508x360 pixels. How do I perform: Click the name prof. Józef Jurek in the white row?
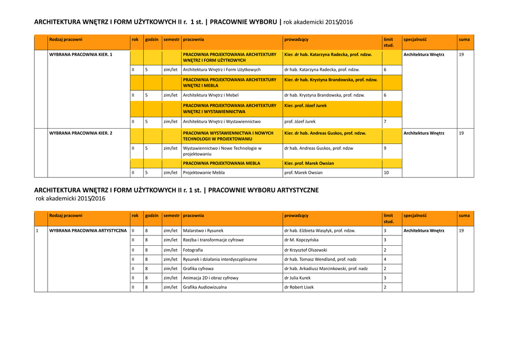pos(300,122)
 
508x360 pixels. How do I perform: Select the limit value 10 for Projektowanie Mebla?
pos(386,173)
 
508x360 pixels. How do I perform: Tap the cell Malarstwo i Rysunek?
pos(203,231)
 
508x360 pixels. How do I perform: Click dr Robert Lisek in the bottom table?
pos(299,287)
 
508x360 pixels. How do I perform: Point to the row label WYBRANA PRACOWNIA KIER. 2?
pos(81,133)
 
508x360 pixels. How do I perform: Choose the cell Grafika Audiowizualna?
pos(204,287)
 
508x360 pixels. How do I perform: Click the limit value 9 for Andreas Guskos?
pos(385,148)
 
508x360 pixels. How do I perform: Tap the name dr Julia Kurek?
pos(297,278)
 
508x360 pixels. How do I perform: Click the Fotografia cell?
pos(193,250)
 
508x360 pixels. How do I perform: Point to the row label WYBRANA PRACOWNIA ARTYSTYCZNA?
pos(88,231)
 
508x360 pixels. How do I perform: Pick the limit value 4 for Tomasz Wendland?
pos(385,259)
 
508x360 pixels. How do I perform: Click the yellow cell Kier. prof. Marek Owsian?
pos(309,163)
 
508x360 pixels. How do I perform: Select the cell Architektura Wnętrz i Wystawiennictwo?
pos(222,122)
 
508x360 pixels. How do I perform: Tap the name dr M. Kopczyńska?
pos(301,240)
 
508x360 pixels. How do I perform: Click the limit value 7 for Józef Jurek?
pos(385,122)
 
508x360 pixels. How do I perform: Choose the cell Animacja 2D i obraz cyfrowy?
pos(210,278)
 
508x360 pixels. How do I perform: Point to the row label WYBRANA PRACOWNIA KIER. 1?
pos(81,55)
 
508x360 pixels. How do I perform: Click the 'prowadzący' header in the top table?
pos(296,40)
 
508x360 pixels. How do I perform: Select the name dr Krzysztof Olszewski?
pos(306,250)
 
